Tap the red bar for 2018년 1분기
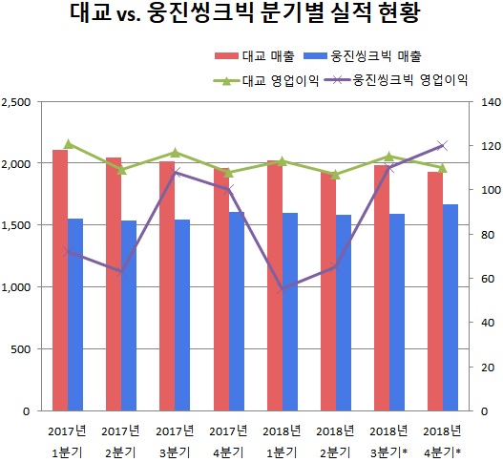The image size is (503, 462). click(x=274, y=285)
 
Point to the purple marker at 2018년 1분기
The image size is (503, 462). click(x=282, y=289)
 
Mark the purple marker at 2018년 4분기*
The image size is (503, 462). click(x=442, y=145)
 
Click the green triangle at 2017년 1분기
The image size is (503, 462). click(x=67, y=144)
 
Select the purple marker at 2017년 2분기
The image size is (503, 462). click(x=120, y=272)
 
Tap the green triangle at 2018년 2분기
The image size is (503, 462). click(x=335, y=175)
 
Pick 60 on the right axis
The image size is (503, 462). click(x=484, y=279)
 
